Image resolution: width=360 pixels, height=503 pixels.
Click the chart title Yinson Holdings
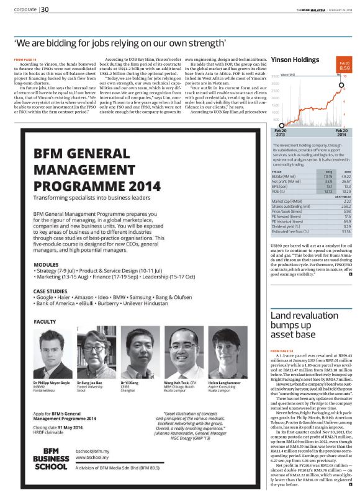pos(294,61)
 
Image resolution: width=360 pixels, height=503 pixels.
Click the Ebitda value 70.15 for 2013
pos(329,176)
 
